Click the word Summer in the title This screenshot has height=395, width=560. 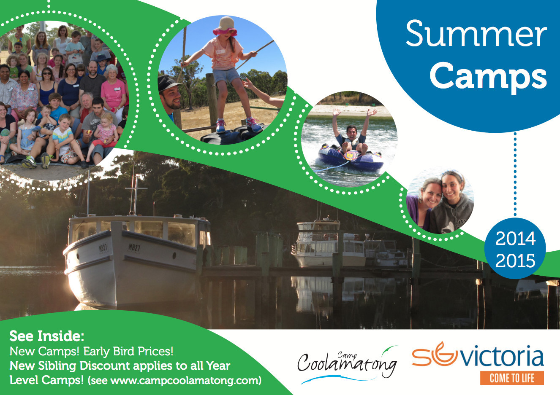click(x=476, y=34)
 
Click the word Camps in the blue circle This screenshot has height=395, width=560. click(x=488, y=77)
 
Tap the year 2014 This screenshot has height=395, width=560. click(x=516, y=239)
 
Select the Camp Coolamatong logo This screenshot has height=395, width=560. click(x=348, y=365)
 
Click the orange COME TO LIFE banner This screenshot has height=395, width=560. click(x=512, y=378)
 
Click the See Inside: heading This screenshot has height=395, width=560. click(x=47, y=336)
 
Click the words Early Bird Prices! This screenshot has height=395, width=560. click(x=128, y=351)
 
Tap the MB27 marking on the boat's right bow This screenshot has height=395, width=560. click(x=134, y=247)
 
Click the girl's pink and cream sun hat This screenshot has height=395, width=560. click(x=225, y=26)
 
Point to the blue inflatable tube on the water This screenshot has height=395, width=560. click(x=351, y=159)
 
